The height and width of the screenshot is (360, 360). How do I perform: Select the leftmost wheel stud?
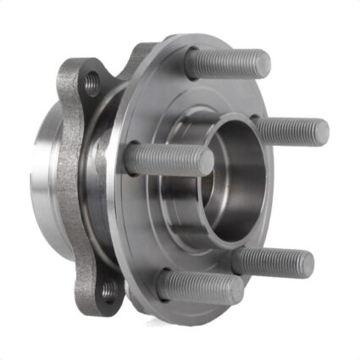(169, 158)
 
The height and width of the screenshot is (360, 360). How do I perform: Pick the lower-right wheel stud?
(273, 260)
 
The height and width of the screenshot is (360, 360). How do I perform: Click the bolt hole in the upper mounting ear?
(91, 80)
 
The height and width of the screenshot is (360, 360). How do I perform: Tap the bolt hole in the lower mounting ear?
(107, 291)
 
